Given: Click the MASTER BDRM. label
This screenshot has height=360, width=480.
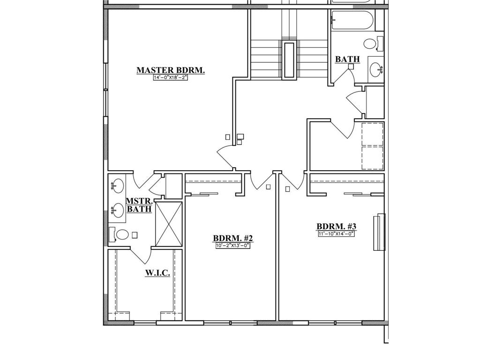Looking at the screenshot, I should point(171,70).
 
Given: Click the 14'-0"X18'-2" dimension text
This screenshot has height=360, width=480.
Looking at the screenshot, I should point(171,78).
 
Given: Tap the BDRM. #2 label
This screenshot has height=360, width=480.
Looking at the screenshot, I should point(232,238).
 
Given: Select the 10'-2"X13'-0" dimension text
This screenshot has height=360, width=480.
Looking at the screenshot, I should point(232,245).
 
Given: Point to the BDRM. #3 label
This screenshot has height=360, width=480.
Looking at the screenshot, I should point(336,226).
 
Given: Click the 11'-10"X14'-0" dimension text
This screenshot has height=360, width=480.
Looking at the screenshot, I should point(336,233).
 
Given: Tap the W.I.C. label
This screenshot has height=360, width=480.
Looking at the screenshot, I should point(157,273).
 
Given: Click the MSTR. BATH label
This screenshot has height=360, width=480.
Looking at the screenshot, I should point(139,205).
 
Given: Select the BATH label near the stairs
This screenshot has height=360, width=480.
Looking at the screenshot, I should point(347,60).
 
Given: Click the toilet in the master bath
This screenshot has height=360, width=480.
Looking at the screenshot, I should point(121,234).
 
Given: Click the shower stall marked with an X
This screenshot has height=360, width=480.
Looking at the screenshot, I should point(168,223).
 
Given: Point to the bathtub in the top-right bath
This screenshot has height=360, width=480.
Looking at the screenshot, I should point(352,22).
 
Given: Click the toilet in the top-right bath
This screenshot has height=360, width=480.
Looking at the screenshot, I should point(372,45).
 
